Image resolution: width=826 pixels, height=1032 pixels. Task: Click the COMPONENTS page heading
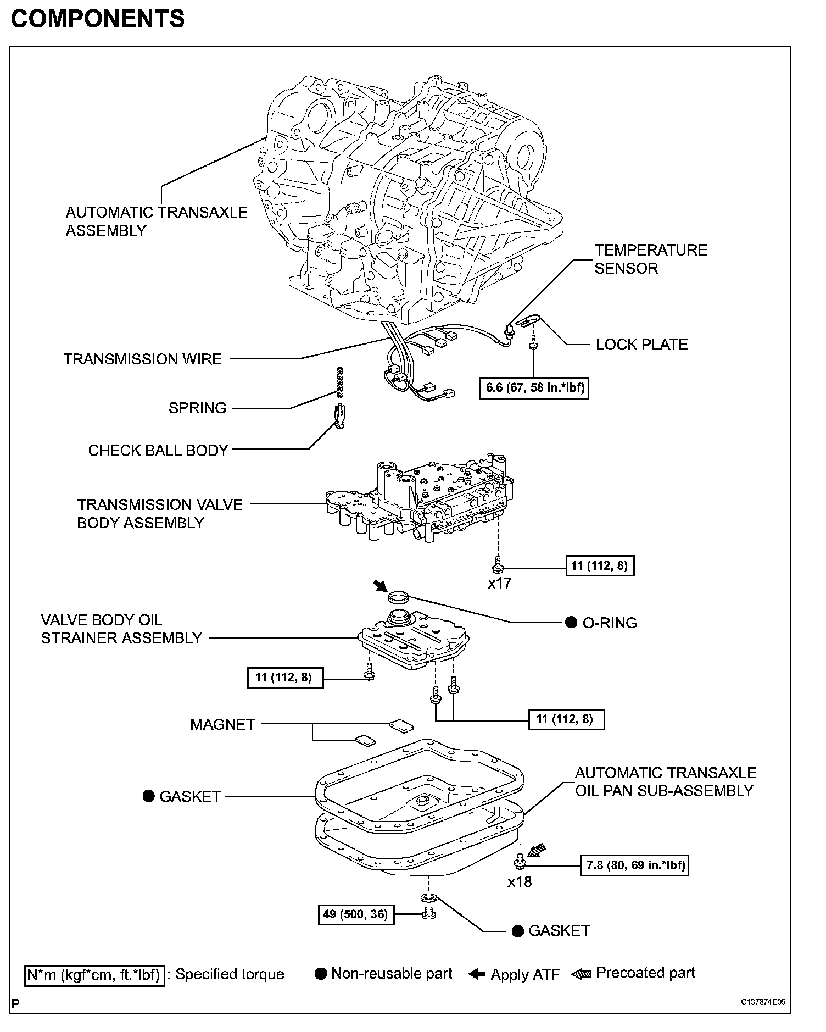pyautogui.click(x=98, y=19)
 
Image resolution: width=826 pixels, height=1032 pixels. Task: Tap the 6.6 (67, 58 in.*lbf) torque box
pyautogui.click(x=534, y=387)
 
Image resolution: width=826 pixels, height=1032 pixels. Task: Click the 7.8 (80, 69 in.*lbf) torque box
pyautogui.click(x=634, y=865)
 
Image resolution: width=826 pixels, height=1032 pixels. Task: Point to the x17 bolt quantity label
pyautogui.click(x=499, y=583)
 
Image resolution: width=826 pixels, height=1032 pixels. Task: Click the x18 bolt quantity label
pyautogui.click(x=520, y=882)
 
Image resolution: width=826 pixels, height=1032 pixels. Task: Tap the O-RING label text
pyautogui.click(x=609, y=623)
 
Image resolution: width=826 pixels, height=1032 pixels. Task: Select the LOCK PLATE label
pyautogui.click(x=641, y=345)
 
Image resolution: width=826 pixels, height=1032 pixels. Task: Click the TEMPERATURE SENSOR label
pyautogui.click(x=650, y=259)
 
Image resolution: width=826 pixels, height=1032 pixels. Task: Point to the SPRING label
pyautogui.click(x=197, y=408)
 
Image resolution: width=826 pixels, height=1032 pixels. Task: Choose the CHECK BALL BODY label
pyautogui.click(x=158, y=450)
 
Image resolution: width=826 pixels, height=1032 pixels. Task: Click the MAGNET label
pyautogui.click(x=222, y=724)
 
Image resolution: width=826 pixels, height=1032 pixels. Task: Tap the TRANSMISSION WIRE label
pyautogui.click(x=143, y=359)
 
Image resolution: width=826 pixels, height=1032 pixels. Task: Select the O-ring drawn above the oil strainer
pyautogui.click(x=399, y=596)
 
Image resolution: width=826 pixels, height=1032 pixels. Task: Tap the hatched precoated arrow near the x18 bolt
pyautogui.click(x=537, y=851)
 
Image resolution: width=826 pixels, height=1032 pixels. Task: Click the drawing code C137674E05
pyautogui.click(x=763, y=1002)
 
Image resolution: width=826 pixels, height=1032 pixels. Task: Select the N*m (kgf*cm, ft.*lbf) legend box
pyautogui.click(x=95, y=975)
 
